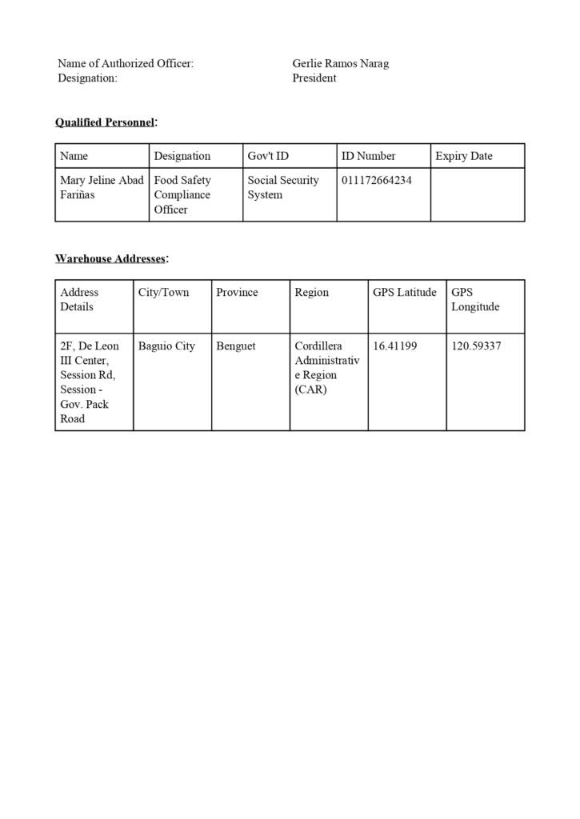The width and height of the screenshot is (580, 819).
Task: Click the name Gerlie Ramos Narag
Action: point(340,63)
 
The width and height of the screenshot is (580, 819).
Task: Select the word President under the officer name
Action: point(314,78)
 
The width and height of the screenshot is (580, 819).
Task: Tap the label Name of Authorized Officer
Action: point(126,63)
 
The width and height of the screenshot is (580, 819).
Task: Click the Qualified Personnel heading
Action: point(105,122)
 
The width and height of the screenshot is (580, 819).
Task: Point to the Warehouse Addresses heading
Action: point(110,258)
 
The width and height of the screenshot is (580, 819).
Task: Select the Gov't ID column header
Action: point(268,156)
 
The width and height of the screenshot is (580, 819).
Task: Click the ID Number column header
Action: point(368,156)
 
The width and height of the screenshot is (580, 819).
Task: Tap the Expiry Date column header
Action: point(464,156)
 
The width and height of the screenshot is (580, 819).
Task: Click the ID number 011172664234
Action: point(377,181)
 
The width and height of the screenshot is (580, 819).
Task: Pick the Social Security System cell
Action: point(282,188)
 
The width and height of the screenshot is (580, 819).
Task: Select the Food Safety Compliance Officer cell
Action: point(182,194)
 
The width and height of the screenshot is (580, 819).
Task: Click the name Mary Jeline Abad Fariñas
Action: point(102,188)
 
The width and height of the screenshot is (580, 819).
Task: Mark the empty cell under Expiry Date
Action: point(478,194)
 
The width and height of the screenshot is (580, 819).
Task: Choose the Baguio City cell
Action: point(166,346)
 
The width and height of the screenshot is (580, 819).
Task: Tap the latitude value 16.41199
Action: point(394,346)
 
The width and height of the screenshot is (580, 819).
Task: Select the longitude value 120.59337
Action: point(476,346)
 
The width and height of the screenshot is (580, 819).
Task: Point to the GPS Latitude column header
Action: point(405,293)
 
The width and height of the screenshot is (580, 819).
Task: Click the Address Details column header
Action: point(79,300)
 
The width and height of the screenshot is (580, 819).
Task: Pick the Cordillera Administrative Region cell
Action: point(326,368)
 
